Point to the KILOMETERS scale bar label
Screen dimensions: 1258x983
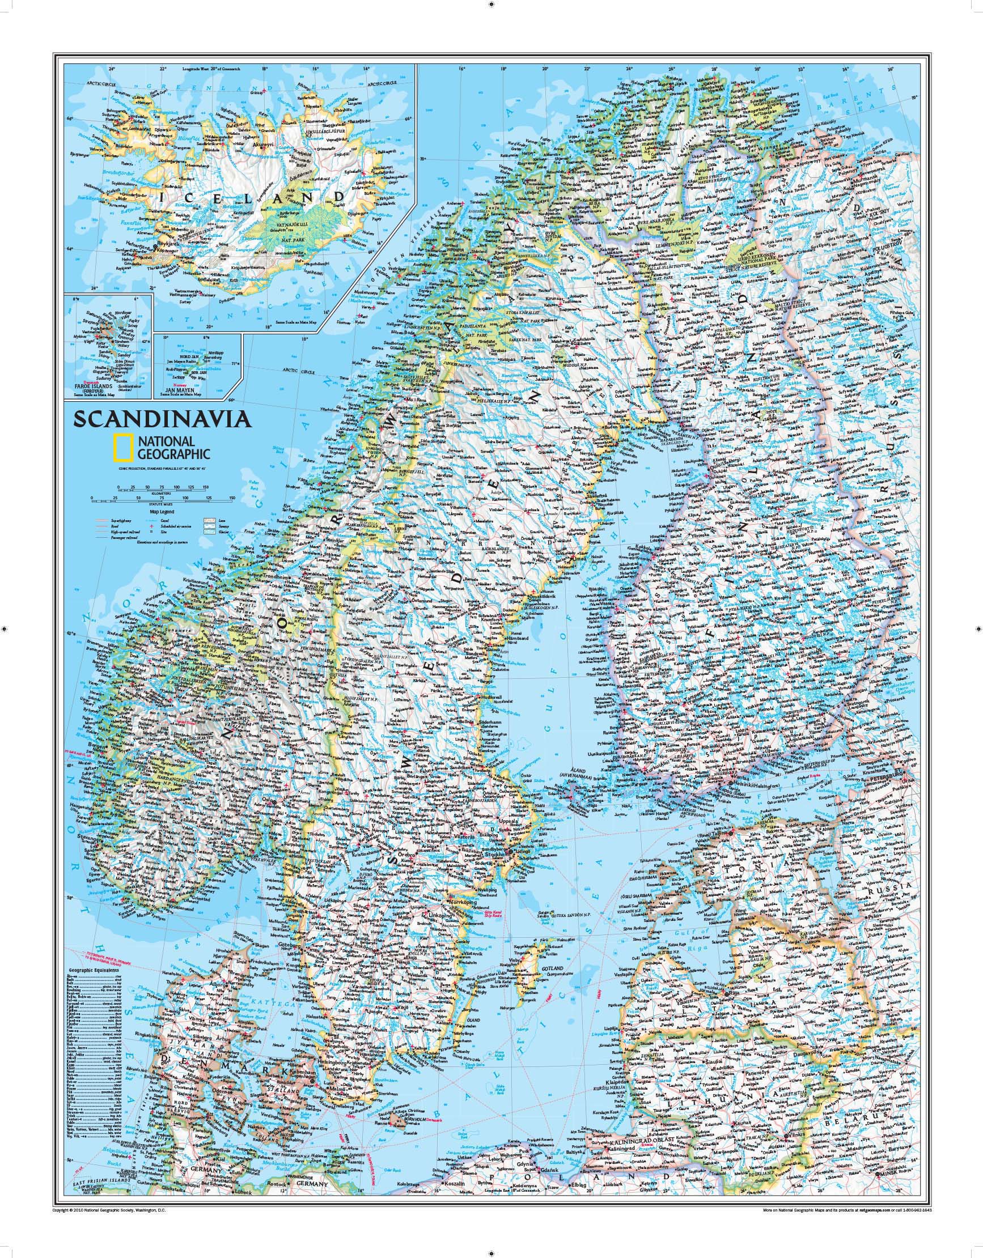pyautogui.click(x=161, y=494)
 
